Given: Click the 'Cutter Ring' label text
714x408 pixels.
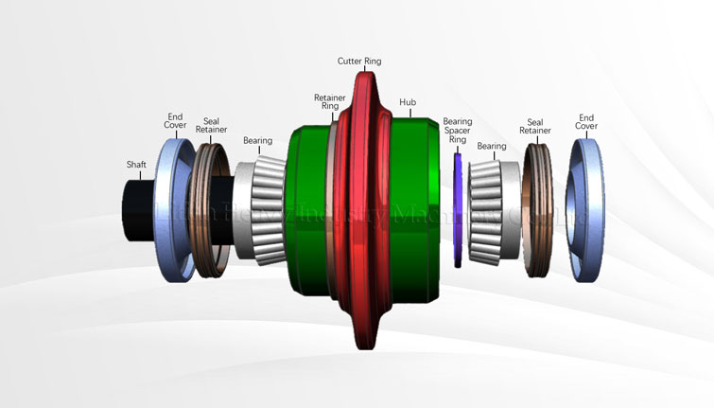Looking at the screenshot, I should tap(359, 61).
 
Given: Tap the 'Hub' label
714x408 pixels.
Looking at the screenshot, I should tap(408, 101).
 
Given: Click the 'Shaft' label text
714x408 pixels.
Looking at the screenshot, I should tap(137, 164).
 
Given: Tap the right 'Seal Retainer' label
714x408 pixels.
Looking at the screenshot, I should tap(535, 127).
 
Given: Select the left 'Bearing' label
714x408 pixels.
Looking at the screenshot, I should tap(257, 141).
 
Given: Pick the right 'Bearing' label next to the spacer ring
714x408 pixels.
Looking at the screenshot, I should tap(492, 147).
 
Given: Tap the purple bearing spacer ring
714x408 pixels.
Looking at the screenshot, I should tap(458, 208).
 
